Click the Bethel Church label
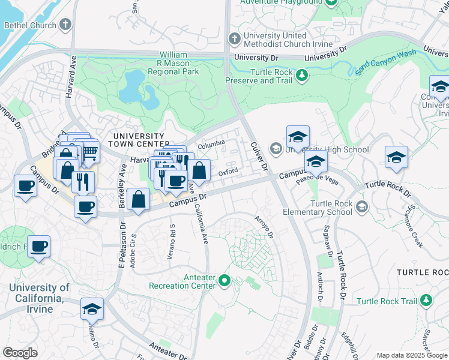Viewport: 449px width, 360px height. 30,26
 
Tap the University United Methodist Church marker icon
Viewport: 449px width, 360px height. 234,40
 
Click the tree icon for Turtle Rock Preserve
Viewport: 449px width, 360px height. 303,75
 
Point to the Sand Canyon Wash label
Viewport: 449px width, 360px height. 385,62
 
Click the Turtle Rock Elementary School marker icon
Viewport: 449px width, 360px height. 361,207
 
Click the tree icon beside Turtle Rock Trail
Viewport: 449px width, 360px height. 426,300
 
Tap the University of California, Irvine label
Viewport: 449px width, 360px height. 39,298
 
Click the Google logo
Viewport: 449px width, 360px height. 20,353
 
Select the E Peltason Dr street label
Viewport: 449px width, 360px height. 122,245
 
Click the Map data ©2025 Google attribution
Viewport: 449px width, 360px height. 411,355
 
